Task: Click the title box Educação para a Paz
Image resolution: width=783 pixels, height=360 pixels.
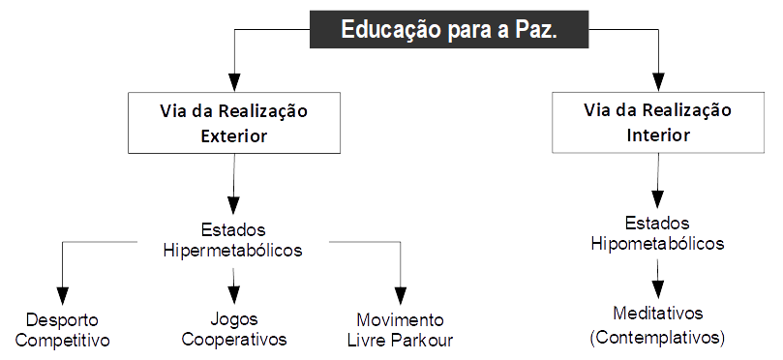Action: coord(449,31)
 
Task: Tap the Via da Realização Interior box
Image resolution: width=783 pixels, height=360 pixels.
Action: coord(657,122)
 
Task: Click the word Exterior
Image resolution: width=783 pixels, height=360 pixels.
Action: coord(233,136)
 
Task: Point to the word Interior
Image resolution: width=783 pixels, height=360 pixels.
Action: coord(657,135)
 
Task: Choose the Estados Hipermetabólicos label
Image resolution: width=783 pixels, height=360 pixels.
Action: coord(232,240)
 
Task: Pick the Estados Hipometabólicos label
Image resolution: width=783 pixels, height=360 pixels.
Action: coord(657,233)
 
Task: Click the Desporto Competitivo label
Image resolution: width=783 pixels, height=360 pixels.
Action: coord(63,329)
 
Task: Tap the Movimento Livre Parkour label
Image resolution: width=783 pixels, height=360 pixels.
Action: coord(400,329)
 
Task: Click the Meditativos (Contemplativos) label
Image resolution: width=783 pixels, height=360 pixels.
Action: coord(657,325)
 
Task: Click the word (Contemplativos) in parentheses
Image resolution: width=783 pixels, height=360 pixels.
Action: coord(657,338)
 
